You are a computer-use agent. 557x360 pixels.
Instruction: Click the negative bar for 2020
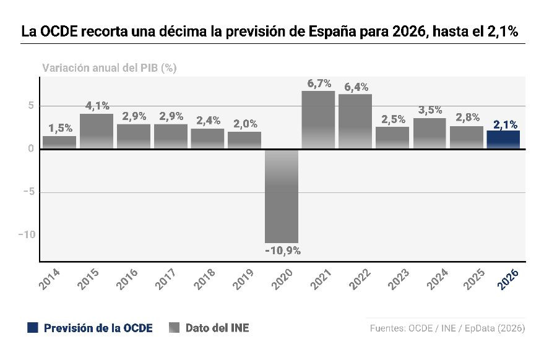coord(282,196)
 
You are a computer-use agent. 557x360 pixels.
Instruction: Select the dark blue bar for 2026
coord(503,140)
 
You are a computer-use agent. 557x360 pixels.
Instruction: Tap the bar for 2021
coord(318,120)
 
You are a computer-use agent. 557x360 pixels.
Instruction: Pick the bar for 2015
coord(97,131)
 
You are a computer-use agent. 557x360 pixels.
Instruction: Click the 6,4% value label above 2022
coord(356,87)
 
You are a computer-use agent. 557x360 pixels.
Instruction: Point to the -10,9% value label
coord(282,251)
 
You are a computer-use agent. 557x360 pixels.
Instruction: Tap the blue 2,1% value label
coord(505,124)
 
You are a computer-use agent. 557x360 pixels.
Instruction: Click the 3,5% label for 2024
coord(430,110)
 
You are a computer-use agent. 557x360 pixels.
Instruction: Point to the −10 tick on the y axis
coord(26,235)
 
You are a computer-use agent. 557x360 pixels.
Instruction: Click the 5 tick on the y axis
coord(30,106)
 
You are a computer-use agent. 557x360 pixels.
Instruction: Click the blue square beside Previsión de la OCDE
coord(33,328)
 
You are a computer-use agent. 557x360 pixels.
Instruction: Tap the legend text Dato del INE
coord(217,328)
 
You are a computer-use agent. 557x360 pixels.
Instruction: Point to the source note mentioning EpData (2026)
coord(496,328)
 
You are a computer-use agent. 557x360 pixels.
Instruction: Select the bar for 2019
coord(244,140)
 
